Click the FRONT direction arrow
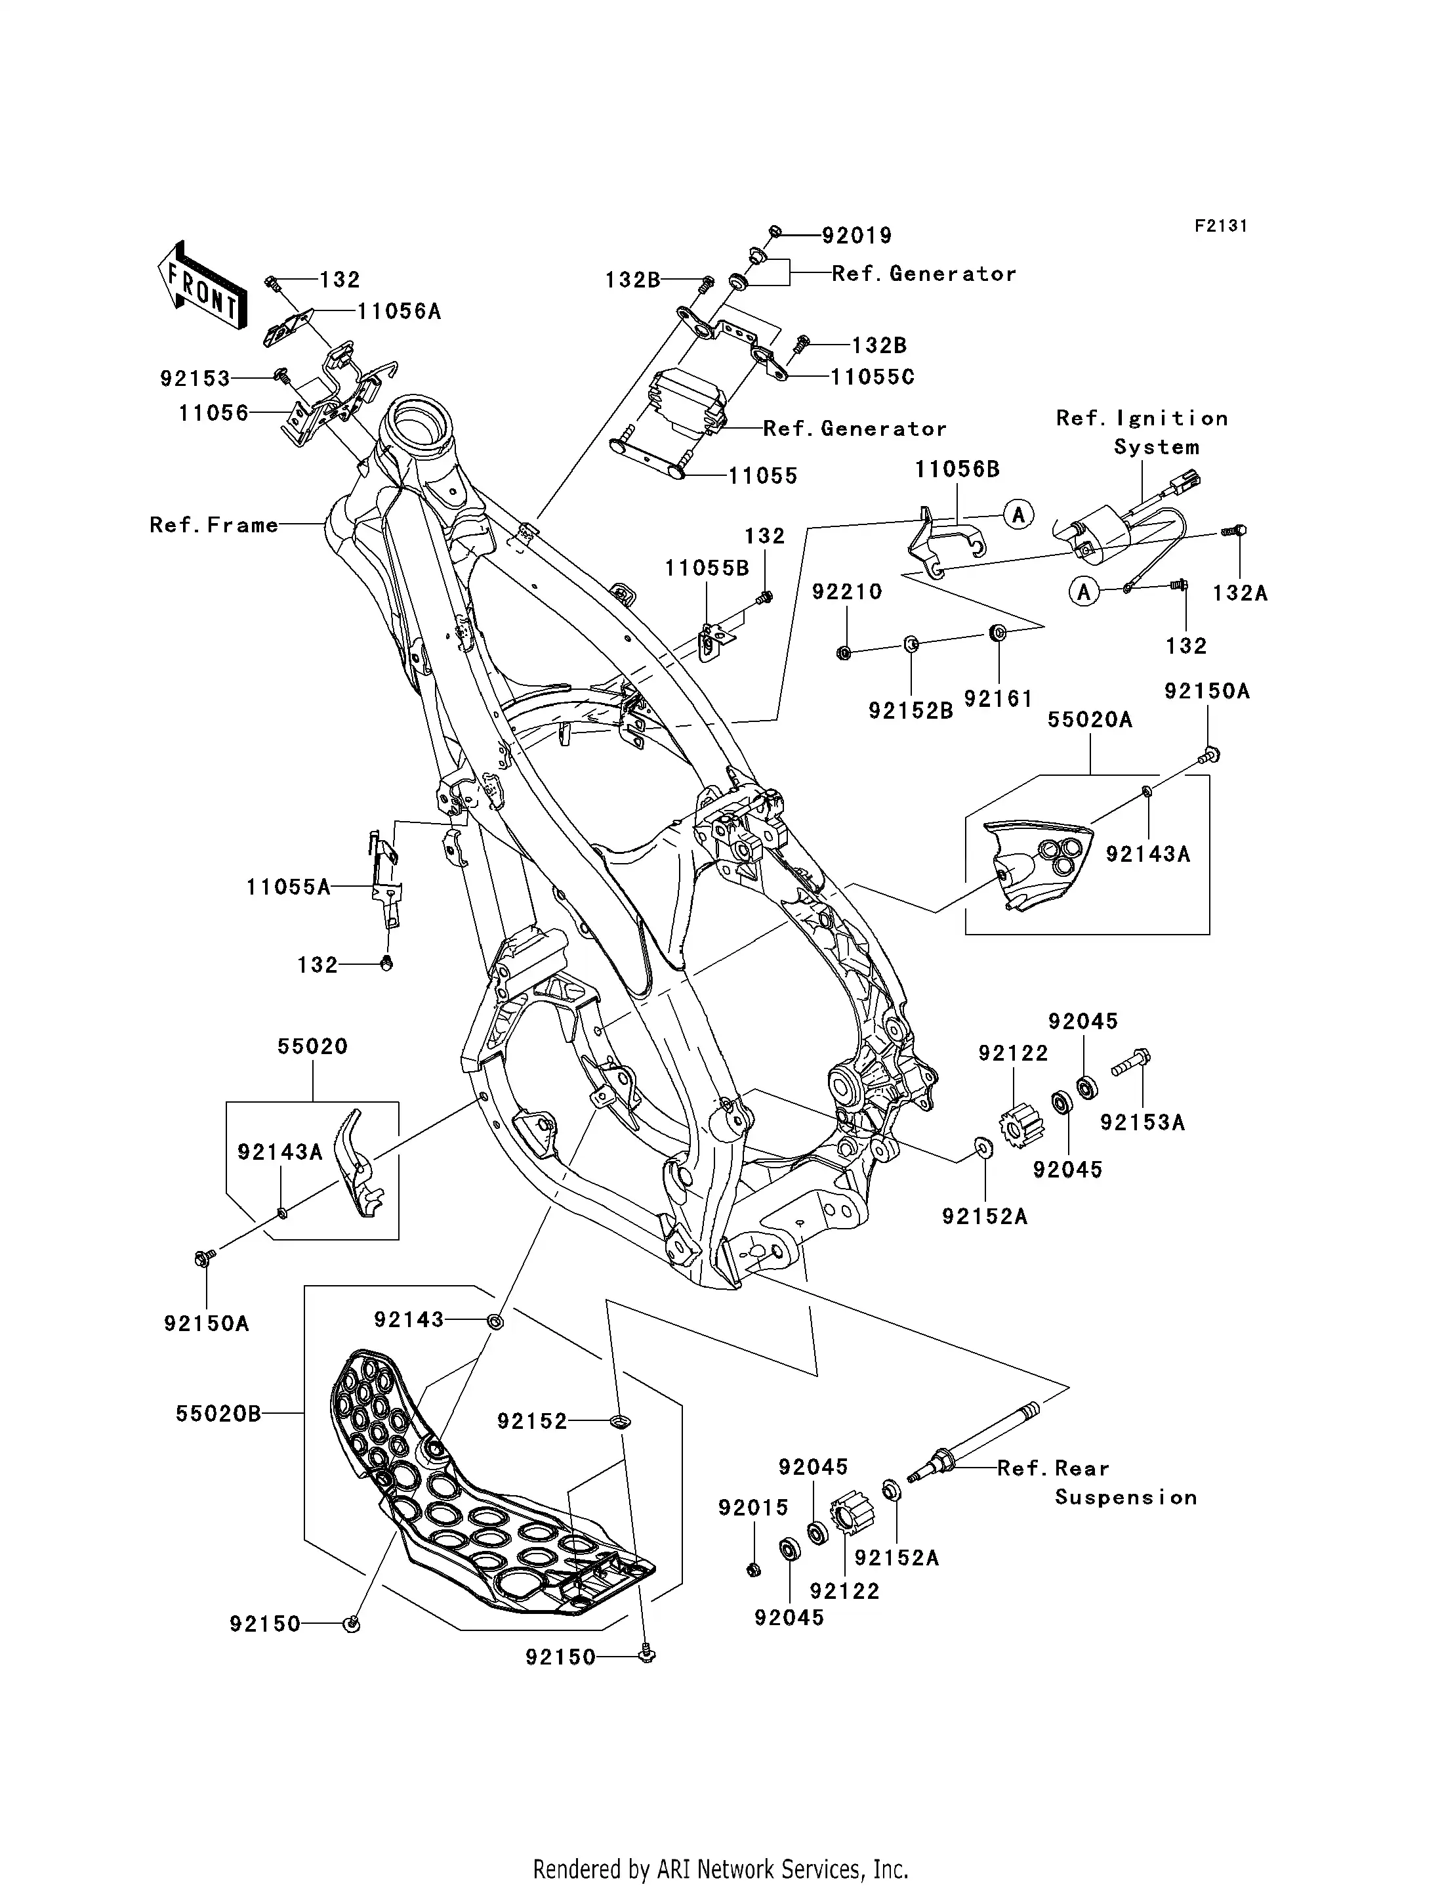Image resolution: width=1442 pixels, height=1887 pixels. click(201, 286)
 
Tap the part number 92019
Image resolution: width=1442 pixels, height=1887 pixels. click(857, 235)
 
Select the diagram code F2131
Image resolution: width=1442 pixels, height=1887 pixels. click(1220, 226)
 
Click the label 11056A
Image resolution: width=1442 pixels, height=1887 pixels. click(399, 312)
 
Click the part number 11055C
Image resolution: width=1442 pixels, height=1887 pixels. click(872, 377)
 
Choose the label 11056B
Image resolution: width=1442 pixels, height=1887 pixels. click(957, 469)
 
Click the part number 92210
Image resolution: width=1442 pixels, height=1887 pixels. click(847, 591)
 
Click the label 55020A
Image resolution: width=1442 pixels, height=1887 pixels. click(1089, 719)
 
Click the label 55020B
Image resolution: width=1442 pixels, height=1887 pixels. click(218, 1413)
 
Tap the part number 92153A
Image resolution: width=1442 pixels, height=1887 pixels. click(1142, 1122)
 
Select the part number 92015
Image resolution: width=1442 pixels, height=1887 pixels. click(752, 1508)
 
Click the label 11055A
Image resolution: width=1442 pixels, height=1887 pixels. click(289, 887)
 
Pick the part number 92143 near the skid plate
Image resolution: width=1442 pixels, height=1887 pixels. click(409, 1319)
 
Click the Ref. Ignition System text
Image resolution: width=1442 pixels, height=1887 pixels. click(1142, 433)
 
